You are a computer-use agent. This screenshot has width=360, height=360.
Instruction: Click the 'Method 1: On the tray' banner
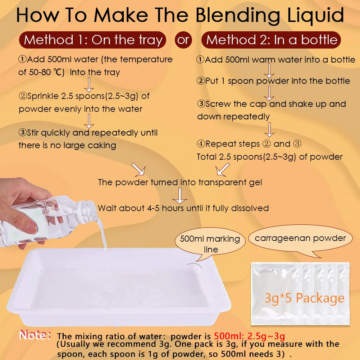coord(93,40)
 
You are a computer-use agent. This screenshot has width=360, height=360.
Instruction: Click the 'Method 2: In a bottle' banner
coord(272,40)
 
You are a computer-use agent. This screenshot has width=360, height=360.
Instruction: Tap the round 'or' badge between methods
coord(183,40)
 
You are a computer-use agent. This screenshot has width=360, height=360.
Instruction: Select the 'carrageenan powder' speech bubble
coord(300,238)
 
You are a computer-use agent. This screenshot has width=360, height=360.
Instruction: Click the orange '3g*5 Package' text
coord(304,298)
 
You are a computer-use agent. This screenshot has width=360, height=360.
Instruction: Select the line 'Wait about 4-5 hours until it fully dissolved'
coord(183,208)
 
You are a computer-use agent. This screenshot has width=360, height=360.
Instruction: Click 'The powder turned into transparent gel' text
coord(180,182)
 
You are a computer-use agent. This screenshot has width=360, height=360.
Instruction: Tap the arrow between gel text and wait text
coord(180,195)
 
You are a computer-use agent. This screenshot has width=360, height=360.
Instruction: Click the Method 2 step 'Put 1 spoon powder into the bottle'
coord(273,81)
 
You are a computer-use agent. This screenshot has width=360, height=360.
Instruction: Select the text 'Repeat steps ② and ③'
coord(249,144)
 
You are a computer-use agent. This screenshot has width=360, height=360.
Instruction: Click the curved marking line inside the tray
coord(194,265)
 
